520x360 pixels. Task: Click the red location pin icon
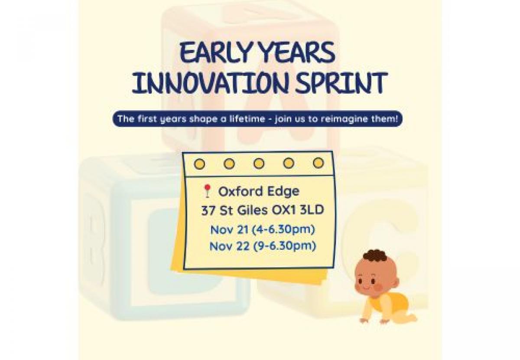(207, 190)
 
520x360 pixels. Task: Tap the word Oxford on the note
(240, 191)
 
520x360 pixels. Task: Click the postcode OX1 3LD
(298, 210)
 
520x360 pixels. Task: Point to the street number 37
(208, 210)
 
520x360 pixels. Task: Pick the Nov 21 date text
(230, 229)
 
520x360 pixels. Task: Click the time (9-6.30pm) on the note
(284, 246)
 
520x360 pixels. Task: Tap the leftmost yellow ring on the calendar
(199, 164)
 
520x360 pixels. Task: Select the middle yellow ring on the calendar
(259, 163)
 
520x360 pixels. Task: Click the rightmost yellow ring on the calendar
(318, 163)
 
